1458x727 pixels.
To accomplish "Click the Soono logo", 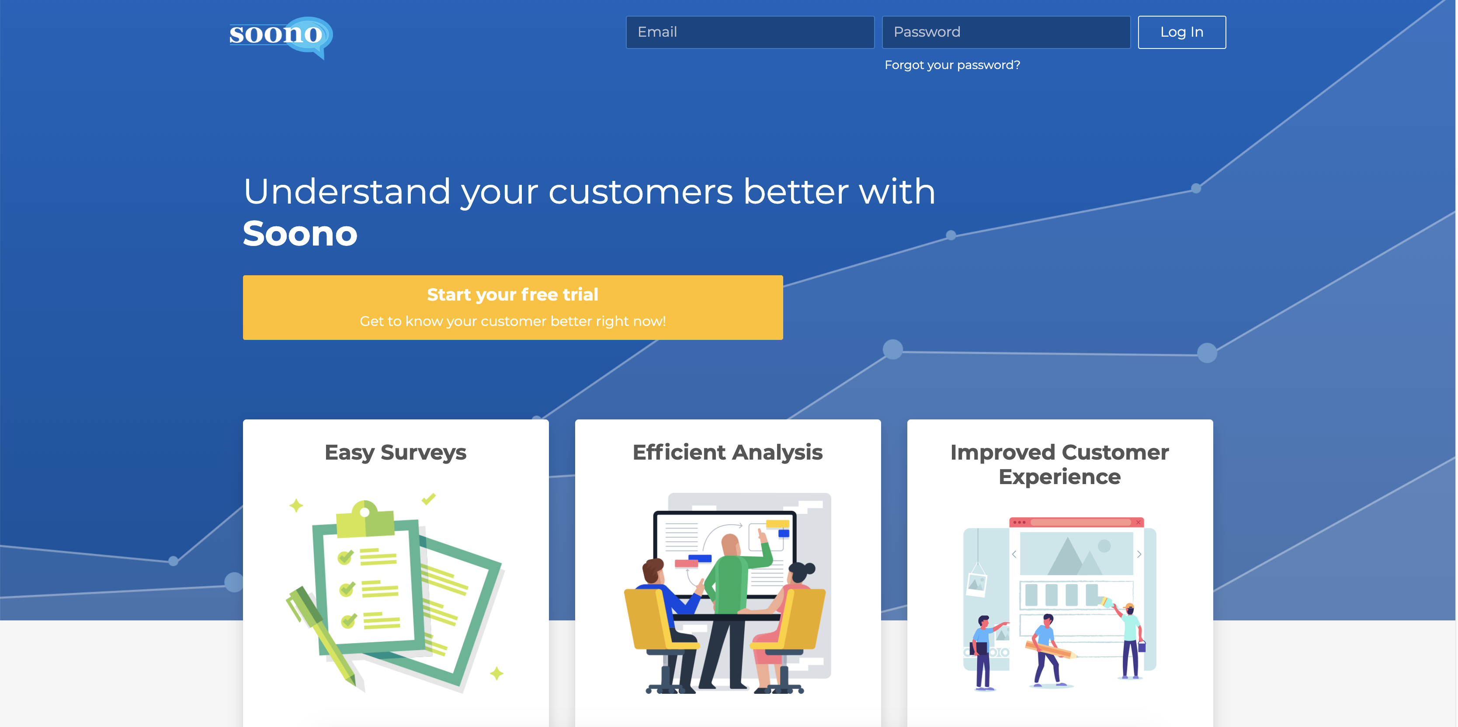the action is (281, 37).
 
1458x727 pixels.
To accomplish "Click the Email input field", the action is (750, 32).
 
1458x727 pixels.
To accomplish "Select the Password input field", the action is (1006, 32).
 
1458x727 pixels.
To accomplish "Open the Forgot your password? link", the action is (952, 65).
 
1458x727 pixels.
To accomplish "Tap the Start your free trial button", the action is (513, 307).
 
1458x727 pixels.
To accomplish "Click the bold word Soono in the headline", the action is (300, 234).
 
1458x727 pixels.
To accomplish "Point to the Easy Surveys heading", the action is (396, 453).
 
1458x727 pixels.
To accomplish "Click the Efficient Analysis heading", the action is (728, 452).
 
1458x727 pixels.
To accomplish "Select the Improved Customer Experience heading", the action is (1059, 464).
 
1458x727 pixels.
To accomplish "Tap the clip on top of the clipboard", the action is (365, 518).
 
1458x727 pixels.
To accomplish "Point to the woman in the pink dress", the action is (784, 622).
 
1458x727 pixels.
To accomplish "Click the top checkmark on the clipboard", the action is (346, 557).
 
